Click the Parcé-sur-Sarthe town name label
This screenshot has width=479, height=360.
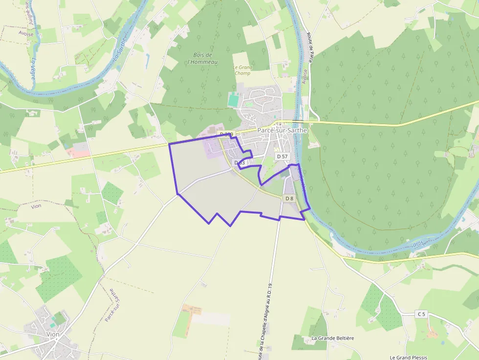(x=283, y=130)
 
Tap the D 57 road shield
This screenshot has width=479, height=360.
(x=283, y=156)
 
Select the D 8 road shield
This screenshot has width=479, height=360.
(x=289, y=198)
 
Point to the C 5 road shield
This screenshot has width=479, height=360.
(x=421, y=314)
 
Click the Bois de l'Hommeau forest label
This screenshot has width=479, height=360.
(x=203, y=59)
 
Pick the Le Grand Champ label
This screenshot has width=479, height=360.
(x=242, y=70)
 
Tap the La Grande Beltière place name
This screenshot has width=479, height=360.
(x=332, y=338)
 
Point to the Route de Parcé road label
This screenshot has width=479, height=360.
(x=309, y=47)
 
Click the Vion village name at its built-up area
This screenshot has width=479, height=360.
(x=52, y=334)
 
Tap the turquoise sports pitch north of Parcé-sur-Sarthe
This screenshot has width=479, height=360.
(x=234, y=100)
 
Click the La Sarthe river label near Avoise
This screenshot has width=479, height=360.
(x=119, y=50)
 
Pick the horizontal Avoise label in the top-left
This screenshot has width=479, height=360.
(x=26, y=34)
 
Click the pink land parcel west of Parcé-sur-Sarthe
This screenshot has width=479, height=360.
(x=78, y=153)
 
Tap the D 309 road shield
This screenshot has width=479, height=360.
(x=226, y=134)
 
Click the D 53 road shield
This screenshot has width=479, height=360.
(x=239, y=163)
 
